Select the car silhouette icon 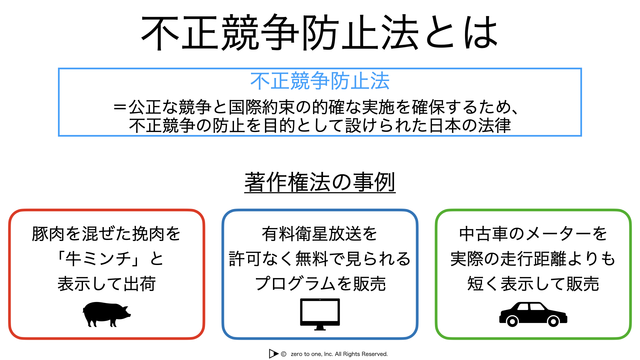pos(533,314)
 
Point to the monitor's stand pos(320,328)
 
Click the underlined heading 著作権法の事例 pos(320,182)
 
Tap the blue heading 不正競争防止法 pos(320,81)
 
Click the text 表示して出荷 pos(107,284)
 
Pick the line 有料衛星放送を pos(319,234)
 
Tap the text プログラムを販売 pos(320,284)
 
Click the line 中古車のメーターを pos(533,234)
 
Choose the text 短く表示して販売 pos(533,284)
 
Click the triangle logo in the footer pos(273,354)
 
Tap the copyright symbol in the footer pos(284,354)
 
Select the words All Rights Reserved pos(361,354)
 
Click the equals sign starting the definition pos(120,107)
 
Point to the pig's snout pos(129,314)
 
